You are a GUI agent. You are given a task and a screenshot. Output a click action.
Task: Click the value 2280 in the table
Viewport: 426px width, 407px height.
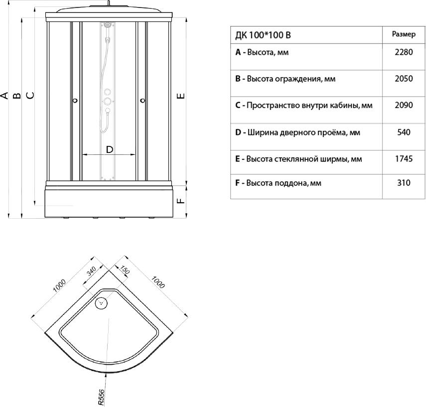pyautogui.click(x=403, y=52)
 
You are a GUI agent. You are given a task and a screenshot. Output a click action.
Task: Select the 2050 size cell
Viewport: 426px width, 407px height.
pyautogui.click(x=403, y=79)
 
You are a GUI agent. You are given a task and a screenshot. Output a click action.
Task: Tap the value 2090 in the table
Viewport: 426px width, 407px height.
pyautogui.click(x=403, y=106)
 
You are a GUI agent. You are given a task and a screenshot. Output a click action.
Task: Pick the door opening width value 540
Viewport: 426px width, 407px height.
pyautogui.click(x=403, y=133)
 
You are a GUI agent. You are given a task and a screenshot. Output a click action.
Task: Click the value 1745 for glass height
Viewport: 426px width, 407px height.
pyautogui.click(x=403, y=159)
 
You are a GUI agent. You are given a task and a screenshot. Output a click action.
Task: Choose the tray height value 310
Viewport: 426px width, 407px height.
pyautogui.click(x=403, y=183)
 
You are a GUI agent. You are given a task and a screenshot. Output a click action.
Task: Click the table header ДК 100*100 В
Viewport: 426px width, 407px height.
pyautogui.click(x=265, y=35)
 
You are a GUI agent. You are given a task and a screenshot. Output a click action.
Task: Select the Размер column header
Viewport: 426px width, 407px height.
pyautogui.click(x=403, y=34)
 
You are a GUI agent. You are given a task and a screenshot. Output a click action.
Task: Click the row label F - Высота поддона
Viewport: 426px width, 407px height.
pyautogui.click(x=278, y=183)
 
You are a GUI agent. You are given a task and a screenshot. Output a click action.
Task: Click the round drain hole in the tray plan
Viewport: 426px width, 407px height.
pyautogui.click(x=102, y=302)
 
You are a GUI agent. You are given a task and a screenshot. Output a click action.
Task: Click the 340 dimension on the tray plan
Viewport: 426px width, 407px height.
pyautogui.click(x=90, y=271)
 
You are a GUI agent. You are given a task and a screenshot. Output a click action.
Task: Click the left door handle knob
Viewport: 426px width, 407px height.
pyautogui.click(x=75, y=101)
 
